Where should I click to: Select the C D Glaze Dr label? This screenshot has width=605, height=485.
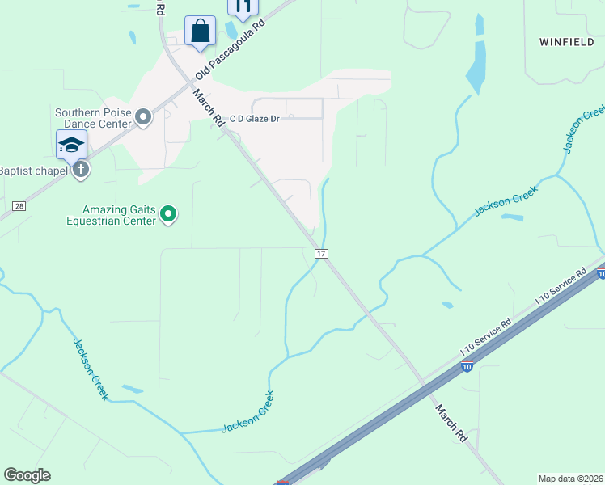click(x=254, y=119)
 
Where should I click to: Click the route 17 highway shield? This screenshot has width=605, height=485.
click(x=321, y=254)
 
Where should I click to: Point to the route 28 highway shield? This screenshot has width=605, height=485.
click(x=18, y=208)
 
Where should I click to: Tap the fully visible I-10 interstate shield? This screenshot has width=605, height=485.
click(x=467, y=366)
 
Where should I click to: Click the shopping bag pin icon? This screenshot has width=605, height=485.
click(x=200, y=32)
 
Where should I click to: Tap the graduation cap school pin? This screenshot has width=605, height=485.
click(x=71, y=145)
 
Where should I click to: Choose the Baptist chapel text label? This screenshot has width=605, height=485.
click(x=33, y=170)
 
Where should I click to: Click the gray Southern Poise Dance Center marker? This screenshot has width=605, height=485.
click(x=143, y=118)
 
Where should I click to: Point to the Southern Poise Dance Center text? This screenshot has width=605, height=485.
click(x=92, y=118)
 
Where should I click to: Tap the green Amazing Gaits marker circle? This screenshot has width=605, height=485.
click(x=168, y=214)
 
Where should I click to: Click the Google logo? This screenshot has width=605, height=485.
click(x=27, y=475)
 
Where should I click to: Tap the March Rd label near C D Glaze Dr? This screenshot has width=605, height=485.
click(x=208, y=108)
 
